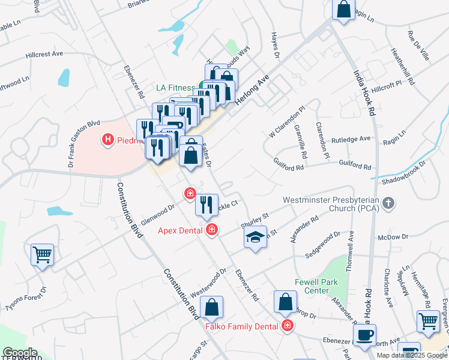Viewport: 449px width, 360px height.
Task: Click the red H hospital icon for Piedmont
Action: coord(108,140)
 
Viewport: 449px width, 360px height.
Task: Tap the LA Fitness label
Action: coord(176,88)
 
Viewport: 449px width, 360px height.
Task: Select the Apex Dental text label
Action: coord(181,230)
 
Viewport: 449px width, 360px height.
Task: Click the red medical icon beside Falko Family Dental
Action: coord(288,326)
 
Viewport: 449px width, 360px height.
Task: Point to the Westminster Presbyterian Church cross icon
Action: coord(388,203)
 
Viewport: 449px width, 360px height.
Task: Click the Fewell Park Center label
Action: coord(316,286)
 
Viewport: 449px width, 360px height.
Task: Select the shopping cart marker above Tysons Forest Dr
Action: coord(43,254)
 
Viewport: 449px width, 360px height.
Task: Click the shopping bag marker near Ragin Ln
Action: coord(343,10)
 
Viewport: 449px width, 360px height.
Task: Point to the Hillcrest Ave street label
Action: coord(44,54)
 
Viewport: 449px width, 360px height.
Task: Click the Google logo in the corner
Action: coord(20,353)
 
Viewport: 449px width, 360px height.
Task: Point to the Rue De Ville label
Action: coord(418,46)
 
